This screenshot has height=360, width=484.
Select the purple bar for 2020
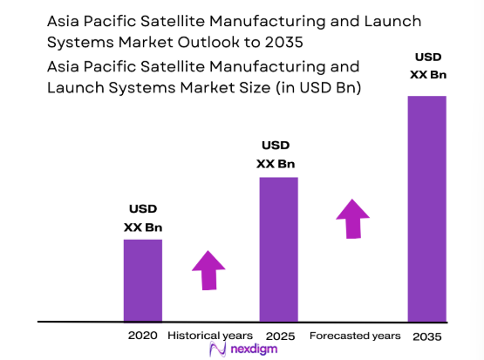point(142,280)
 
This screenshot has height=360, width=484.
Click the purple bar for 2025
point(278,249)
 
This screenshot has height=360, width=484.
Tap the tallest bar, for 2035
point(426,208)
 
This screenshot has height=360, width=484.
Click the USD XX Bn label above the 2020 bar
point(143,218)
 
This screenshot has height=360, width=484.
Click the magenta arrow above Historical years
point(208,269)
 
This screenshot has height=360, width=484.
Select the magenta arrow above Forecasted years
point(353,218)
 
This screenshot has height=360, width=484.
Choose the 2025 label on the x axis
point(280,335)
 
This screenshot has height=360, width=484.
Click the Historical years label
point(210,335)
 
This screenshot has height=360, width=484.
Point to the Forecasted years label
point(355,335)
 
